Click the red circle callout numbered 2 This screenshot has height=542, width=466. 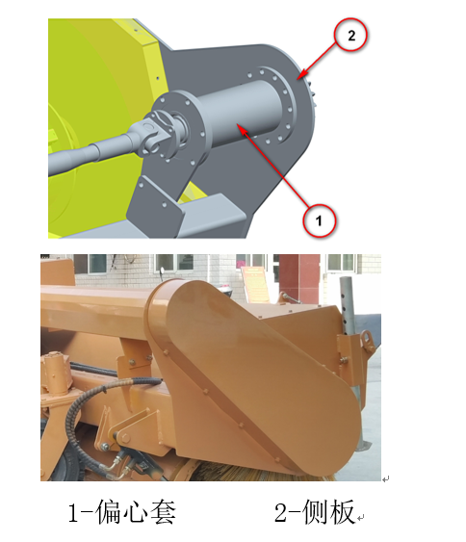350,36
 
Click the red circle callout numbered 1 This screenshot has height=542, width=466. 319,220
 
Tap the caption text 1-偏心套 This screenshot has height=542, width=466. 121,512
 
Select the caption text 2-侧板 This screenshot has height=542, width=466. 315,512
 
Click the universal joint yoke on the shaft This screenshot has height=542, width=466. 156,133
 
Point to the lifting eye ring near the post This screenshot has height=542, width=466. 367,340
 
